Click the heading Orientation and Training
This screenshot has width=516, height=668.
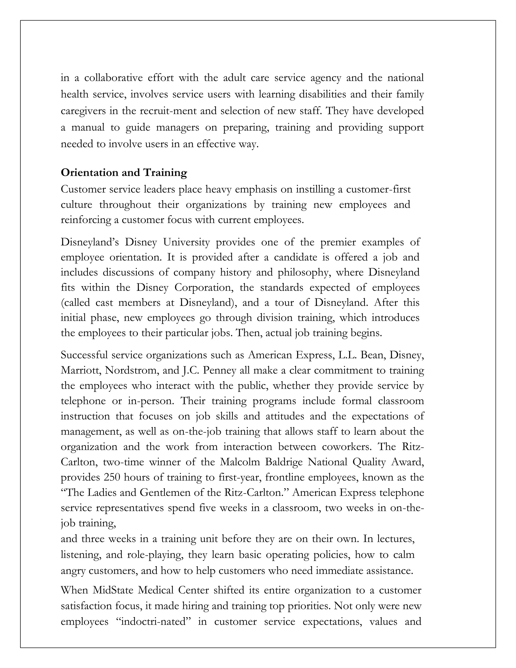point(124,173)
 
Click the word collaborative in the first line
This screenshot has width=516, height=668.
point(113,78)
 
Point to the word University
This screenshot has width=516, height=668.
point(186,242)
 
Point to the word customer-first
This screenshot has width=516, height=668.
point(378,189)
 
